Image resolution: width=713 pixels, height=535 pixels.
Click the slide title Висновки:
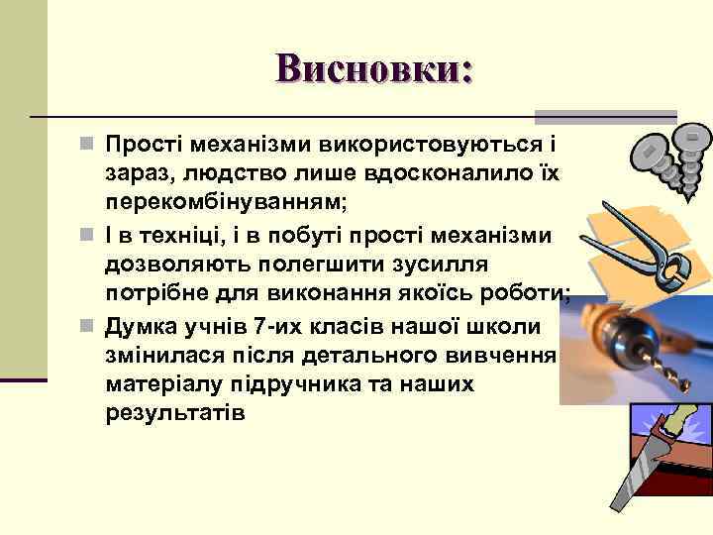[375, 68]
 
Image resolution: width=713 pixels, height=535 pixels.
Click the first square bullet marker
[88, 146]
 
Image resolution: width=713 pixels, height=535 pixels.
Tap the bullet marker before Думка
[88, 324]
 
